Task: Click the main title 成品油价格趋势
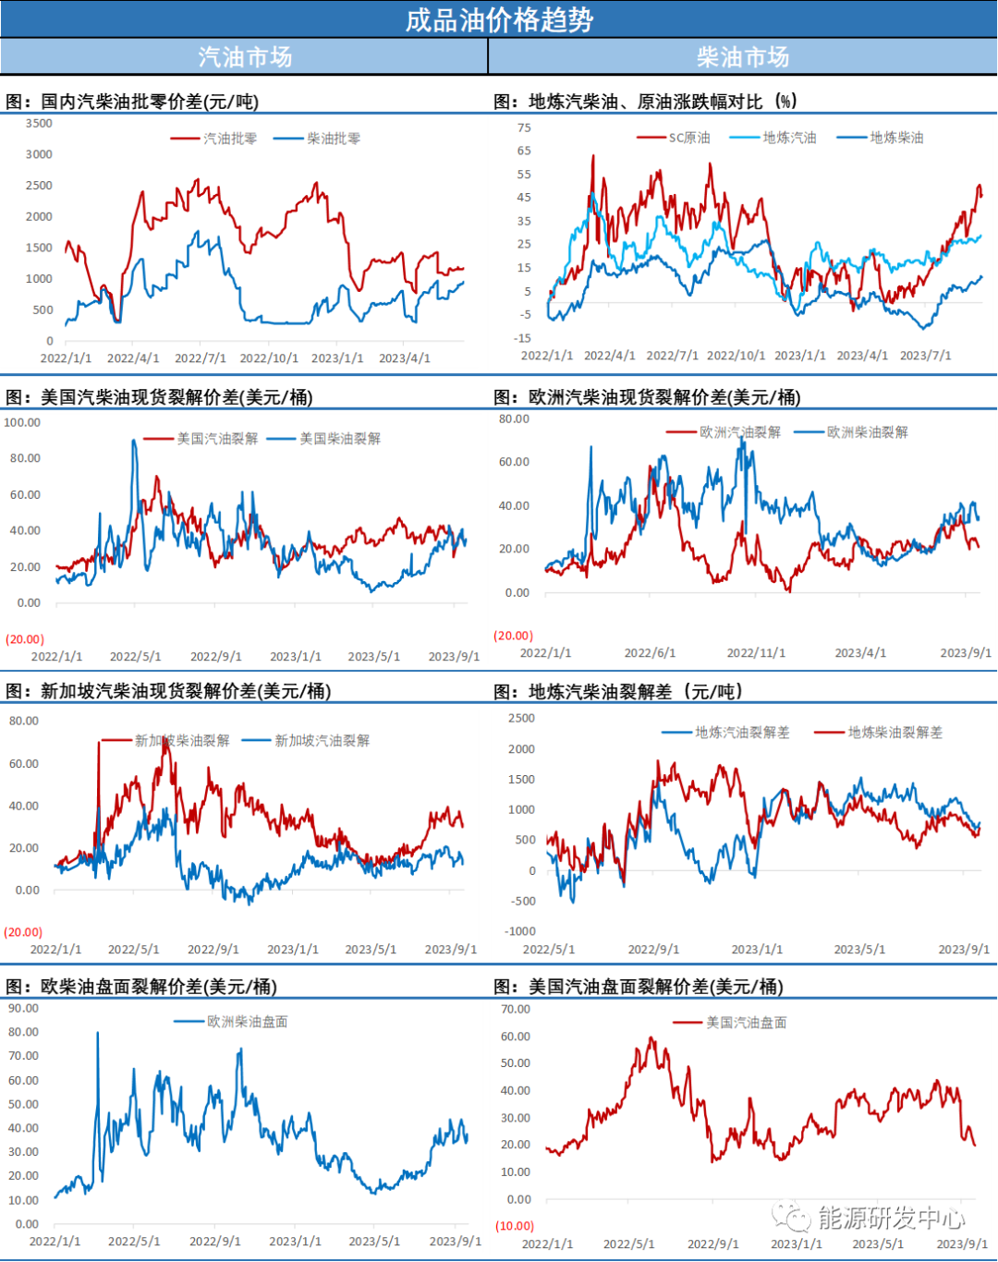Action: [499, 19]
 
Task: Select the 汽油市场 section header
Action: [245, 57]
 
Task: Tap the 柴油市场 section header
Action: [743, 57]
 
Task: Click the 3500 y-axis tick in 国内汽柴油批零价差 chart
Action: [39, 123]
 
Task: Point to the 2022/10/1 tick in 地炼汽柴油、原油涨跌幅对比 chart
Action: [736, 356]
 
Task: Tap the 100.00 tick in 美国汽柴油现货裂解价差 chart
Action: [22, 422]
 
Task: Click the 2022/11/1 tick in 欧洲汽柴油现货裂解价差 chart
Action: [756, 653]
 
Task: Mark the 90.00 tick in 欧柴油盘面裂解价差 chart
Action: [23, 1008]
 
